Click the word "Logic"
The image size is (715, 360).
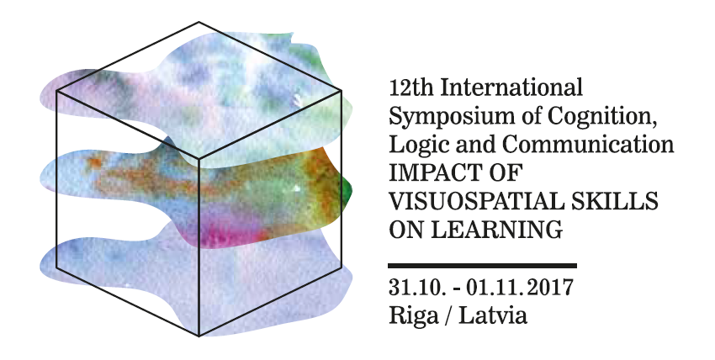pyautogui.click(x=416, y=146)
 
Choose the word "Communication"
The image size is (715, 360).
pyautogui.click(x=588, y=144)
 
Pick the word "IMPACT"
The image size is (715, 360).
pyautogui.click(x=433, y=173)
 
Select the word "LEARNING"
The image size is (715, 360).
pyautogui.click(x=496, y=230)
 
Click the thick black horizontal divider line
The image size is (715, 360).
pyautogui.click(x=483, y=266)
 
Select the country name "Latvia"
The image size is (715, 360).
pyautogui.click(x=492, y=315)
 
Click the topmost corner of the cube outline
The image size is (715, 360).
pyautogui.click(x=199, y=22)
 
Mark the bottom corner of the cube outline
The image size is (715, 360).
pyautogui.click(x=199, y=336)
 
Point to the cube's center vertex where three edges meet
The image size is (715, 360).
pyautogui.click(x=199, y=160)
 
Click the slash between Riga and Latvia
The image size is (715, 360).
pyautogui.click(x=448, y=315)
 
